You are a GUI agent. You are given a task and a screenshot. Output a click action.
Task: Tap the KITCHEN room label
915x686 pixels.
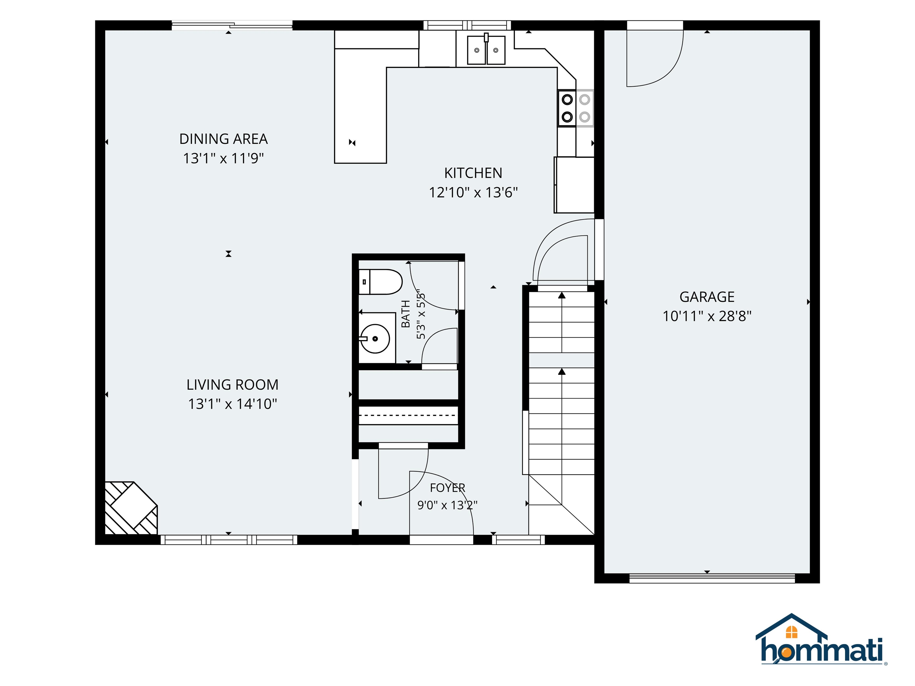coord(473,173)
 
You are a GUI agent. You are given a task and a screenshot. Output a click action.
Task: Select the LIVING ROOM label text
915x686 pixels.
coord(232,385)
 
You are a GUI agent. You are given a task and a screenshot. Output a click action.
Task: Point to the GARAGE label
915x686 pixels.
coord(707,297)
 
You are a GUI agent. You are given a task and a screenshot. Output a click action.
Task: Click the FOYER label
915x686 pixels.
coord(448,488)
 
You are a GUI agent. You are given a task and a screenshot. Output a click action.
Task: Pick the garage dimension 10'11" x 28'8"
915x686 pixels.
coord(707,316)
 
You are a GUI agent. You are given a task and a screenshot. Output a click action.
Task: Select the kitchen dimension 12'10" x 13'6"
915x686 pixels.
coord(473,192)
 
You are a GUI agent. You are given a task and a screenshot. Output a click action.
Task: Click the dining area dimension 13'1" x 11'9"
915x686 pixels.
coord(223,158)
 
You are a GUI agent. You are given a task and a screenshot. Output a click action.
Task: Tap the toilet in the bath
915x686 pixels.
coord(380,282)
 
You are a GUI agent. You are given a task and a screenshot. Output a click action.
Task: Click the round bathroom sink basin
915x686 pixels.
coord(375,339)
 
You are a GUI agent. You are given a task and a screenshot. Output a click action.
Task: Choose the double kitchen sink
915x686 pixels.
coord(486,50)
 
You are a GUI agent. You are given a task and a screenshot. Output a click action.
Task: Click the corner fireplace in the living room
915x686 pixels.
coord(131,508)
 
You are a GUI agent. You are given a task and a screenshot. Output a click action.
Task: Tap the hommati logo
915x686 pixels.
coord(821,645)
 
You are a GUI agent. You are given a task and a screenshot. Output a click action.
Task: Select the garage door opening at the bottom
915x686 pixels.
coord(712,578)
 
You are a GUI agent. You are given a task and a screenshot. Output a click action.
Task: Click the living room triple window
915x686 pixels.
coord(229,540)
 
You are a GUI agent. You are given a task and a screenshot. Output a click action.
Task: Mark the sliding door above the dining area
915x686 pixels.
coord(232,25)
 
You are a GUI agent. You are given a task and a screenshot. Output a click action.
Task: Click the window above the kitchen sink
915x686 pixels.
coord(467,25)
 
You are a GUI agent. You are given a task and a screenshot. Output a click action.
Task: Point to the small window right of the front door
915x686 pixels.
coord(518,540)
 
